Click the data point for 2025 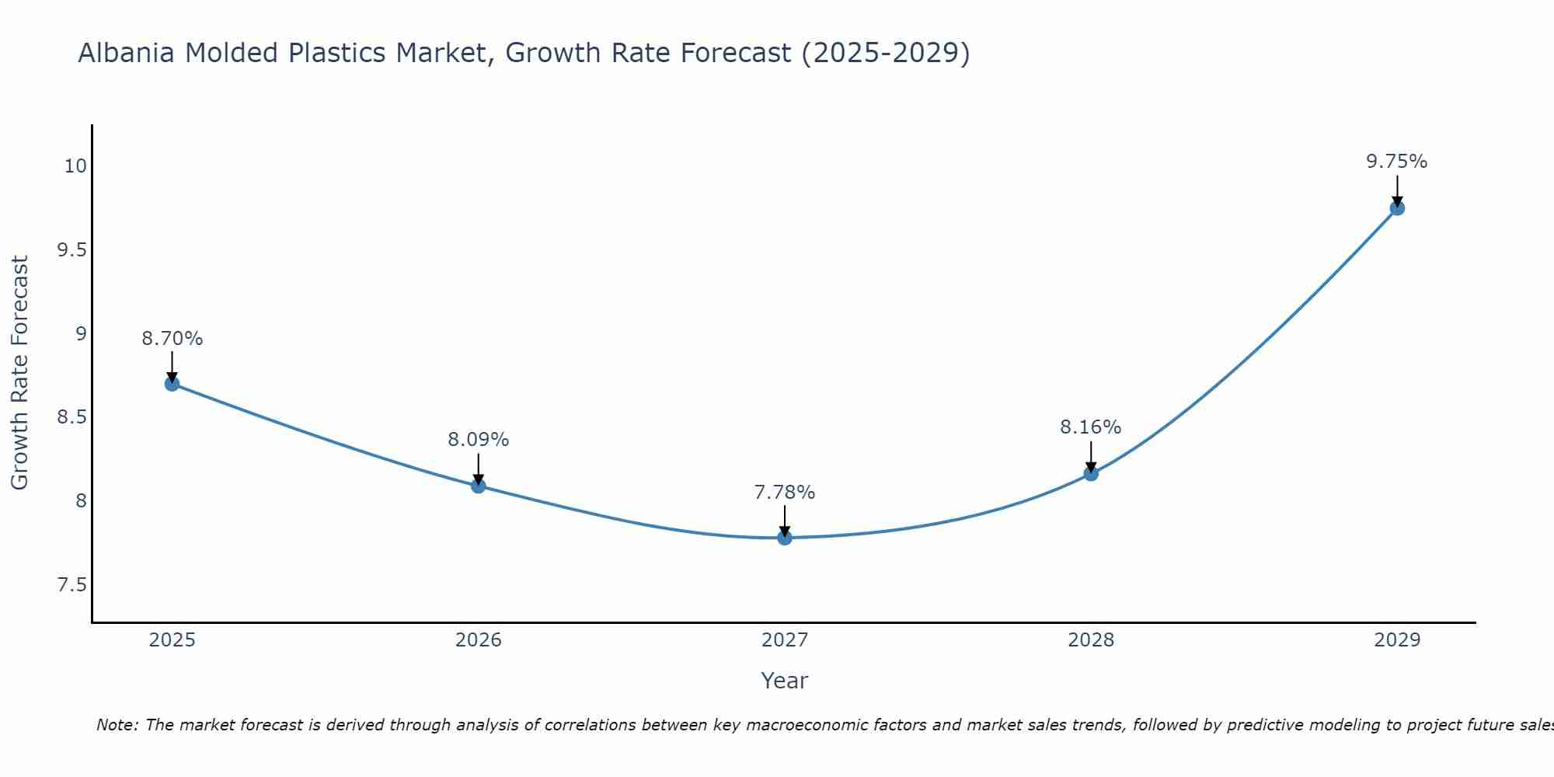(172, 384)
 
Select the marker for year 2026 (479, 486)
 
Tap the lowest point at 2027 (785, 538)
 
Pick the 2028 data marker (1091, 474)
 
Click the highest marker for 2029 (1397, 208)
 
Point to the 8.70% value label (172, 339)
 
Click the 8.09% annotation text (479, 440)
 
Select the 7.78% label (785, 493)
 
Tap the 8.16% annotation (1091, 427)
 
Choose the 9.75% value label (1397, 162)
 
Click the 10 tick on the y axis (75, 166)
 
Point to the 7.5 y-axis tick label (71, 585)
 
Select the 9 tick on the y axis (81, 334)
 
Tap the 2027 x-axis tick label (785, 640)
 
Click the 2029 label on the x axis (1397, 640)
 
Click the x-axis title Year (785, 681)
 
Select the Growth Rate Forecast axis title (19, 373)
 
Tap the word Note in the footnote (117, 725)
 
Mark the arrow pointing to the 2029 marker (1397, 191)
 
